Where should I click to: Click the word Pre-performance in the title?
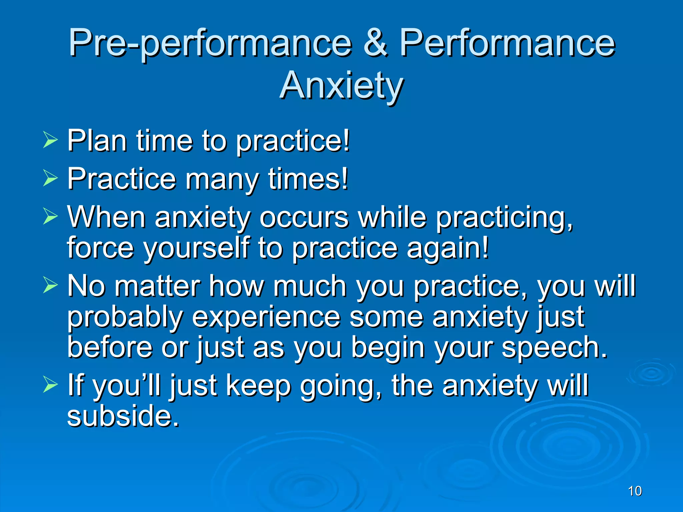[x=210, y=43]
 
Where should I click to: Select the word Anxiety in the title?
[x=341, y=86]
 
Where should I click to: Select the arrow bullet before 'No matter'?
[x=50, y=285]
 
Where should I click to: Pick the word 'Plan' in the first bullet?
[x=97, y=141]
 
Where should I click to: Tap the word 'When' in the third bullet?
[x=106, y=217]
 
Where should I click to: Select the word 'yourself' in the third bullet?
[x=196, y=248]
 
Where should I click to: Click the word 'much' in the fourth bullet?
[x=310, y=287]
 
